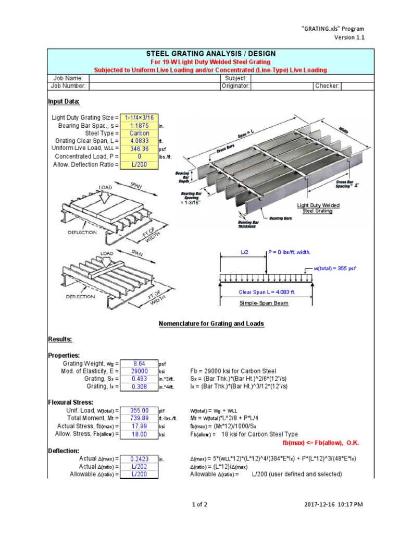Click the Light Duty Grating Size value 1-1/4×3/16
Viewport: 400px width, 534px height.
(139, 118)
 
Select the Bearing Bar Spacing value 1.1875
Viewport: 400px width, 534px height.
(139, 126)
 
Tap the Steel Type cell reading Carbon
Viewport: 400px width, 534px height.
(139, 133)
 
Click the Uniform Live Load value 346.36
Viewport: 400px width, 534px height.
(139, 149)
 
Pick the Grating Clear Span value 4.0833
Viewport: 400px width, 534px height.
(139, 141)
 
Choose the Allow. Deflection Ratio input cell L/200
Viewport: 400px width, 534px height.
(139, 164)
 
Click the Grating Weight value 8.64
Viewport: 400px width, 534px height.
(139, 363)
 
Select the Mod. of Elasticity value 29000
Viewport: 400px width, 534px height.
(139, 371)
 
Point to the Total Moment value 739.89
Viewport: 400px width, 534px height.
(139, 418)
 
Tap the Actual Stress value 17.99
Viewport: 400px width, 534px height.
(139, 426)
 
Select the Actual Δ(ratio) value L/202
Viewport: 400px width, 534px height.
(139, 467)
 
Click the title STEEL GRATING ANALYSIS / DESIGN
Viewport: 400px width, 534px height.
(210, 54)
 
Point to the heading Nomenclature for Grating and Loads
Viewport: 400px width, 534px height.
(211, 324)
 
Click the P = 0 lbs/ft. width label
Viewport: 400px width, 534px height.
(290, 252)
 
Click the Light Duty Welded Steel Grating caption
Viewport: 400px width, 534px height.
(318, 208)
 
